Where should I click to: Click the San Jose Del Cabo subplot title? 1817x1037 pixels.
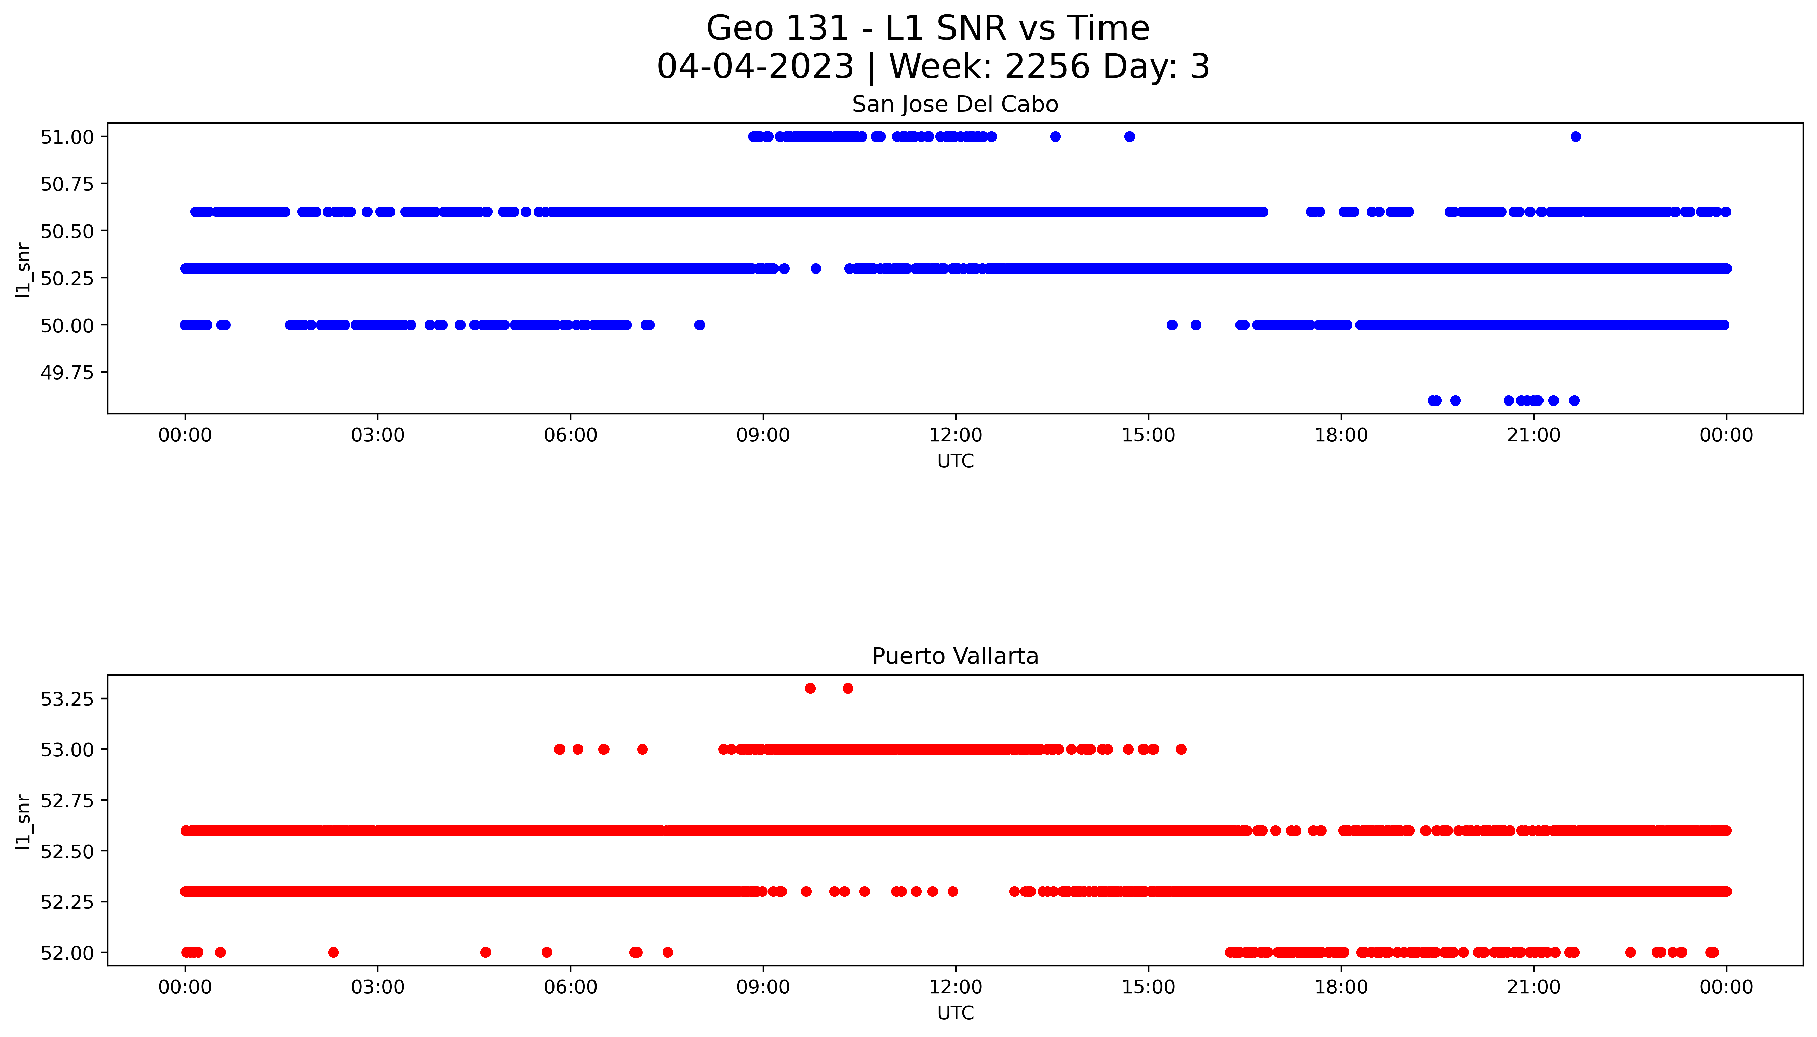pos(955,105)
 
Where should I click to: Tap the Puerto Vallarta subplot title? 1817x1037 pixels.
pos(955,656)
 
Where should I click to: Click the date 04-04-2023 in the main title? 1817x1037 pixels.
pos(755,67)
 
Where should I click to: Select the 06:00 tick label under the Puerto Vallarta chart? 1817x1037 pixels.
pos(570,987)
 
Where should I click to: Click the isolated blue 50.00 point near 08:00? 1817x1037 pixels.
pos(699,325)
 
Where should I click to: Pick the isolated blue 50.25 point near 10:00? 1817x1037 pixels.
pos(816,268)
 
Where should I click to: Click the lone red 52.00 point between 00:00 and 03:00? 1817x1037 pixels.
pos(333,952)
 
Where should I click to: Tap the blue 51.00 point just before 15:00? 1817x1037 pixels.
pos(1129,137)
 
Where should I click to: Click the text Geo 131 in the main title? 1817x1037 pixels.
pos(777,28)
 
